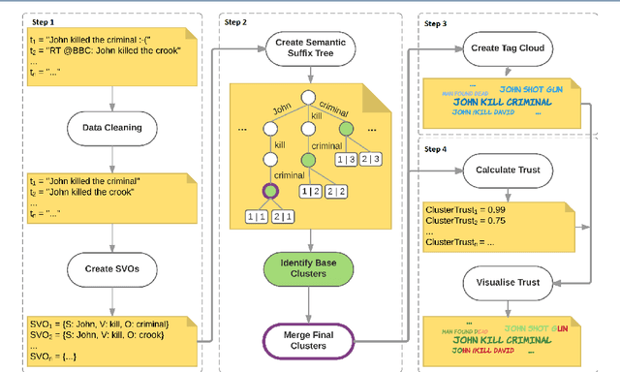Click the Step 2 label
tap(238, 19)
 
